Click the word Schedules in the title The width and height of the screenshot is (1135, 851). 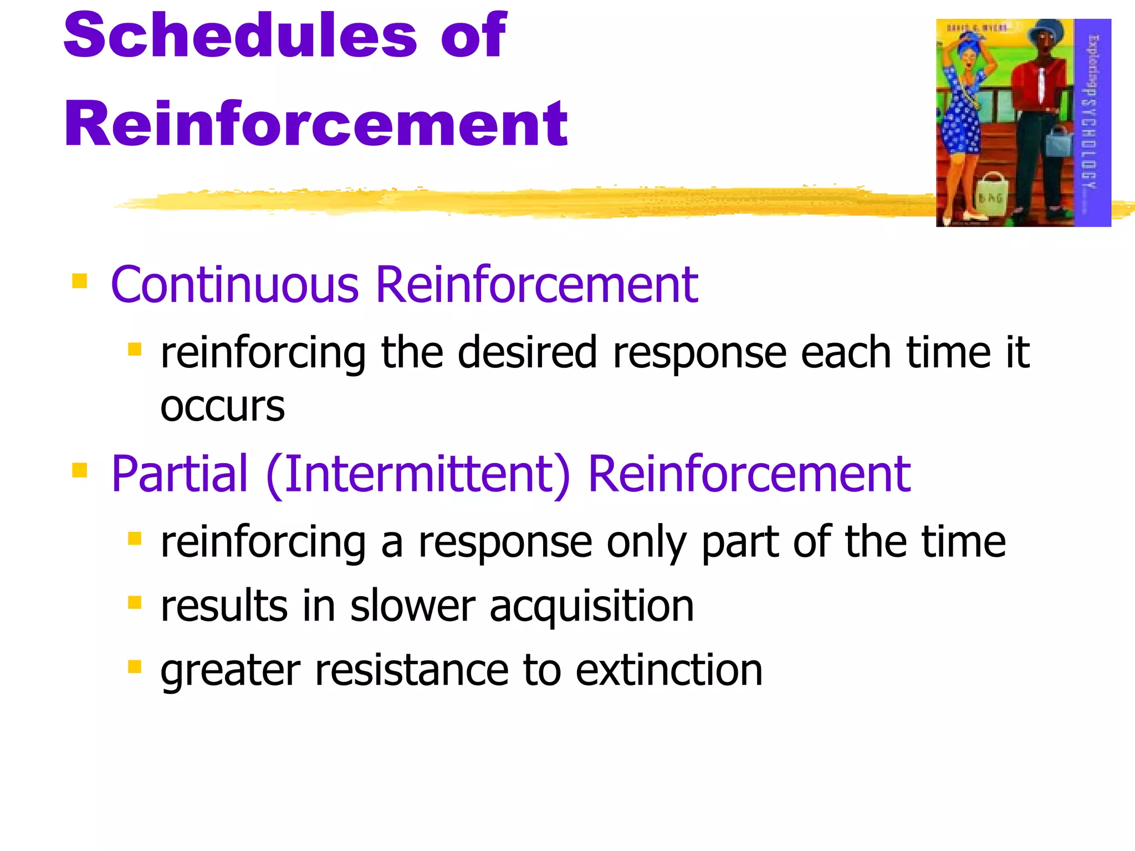point(240,35)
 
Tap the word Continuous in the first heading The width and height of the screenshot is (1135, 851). point(235,285)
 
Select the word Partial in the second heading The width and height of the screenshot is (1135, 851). point(179,474)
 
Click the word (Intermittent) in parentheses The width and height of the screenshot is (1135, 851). point(418,474)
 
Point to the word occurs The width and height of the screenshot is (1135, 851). point(222,407)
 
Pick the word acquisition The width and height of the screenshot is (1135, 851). point(591,606)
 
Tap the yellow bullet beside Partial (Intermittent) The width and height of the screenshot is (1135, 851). point(80,470)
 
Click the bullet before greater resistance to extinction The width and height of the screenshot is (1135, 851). point(135,666)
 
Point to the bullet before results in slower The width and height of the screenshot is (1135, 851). point(135,602)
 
